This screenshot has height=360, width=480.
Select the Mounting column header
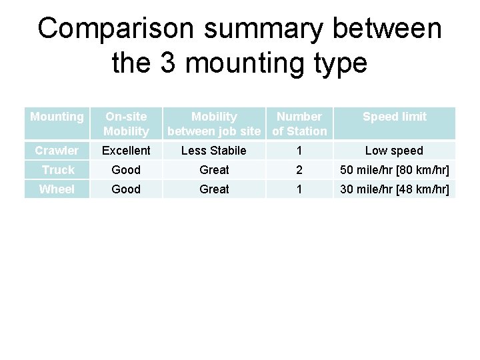[57, 117]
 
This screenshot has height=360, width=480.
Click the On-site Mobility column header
[126, 124]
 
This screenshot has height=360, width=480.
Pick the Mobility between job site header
[214, 124]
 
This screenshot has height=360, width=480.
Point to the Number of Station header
[299, 124]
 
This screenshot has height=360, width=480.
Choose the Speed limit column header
[394, 117]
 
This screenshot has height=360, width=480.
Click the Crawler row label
[57, 151]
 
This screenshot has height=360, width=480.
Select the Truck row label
[57, 170]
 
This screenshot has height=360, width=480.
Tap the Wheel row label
[57, 189]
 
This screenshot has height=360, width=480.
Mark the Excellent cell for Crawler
[126, 151]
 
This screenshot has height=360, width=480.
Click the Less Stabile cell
[214, 151]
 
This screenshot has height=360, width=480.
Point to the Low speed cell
[394, 151]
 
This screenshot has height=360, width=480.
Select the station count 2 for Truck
[299, 170]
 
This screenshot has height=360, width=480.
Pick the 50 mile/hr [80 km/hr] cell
[394, 170]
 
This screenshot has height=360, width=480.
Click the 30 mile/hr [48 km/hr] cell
[394, 189]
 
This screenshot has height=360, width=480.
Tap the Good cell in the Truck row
[126, 170]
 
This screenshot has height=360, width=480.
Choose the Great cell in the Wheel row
[214, 189]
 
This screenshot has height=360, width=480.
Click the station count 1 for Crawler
[299, 151]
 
